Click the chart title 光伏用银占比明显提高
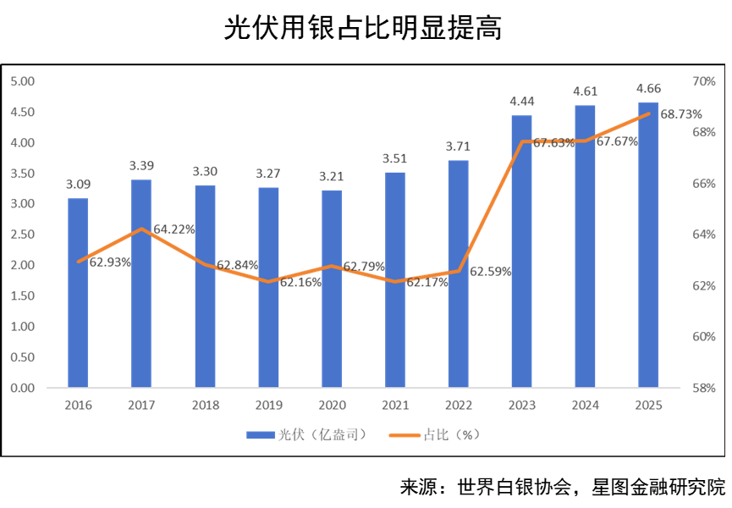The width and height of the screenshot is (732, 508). click(x=363, y=29)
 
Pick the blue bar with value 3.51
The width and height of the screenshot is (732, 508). click(x=395, y=279)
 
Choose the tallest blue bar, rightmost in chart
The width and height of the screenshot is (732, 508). click(x=649, y=245)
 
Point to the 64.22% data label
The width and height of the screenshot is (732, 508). click(x=173, y=229)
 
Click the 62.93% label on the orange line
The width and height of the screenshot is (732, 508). click(x=110, y=262)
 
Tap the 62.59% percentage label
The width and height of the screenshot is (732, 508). click(x=491, y=272)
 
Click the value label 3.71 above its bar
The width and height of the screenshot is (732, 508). click(x=458, y=146)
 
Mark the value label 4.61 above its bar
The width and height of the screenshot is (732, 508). click(x=586, y=91)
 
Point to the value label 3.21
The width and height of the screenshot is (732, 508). click(x=331, y=176)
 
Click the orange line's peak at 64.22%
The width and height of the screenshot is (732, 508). click(x=141, y=229)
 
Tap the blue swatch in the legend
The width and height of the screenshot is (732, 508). click(x=261, y=435)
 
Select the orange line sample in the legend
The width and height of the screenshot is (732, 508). click(x=408, y=435)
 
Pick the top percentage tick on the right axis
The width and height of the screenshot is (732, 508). click(x=704, y=81)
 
